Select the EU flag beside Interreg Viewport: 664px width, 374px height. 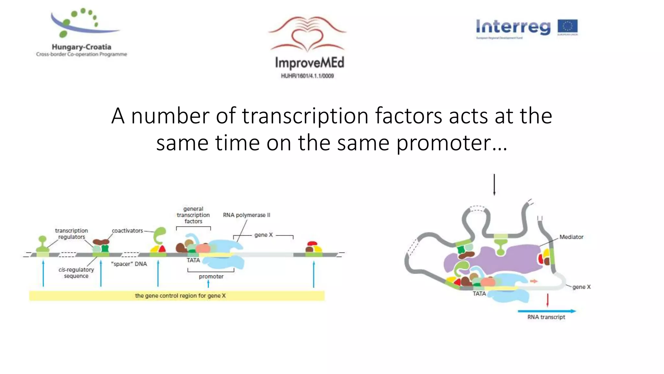(567, 27)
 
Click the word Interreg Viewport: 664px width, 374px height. (513, 27)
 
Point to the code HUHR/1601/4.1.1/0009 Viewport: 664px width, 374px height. (307, 76)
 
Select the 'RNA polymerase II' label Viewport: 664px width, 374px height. (246, 215)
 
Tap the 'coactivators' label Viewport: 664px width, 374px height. (127, 231)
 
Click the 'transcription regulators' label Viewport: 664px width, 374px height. (71, 234)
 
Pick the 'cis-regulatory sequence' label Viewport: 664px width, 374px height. (76, 273)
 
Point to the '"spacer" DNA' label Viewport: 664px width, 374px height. (129, 264)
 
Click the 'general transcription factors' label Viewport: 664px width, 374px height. (193, 215)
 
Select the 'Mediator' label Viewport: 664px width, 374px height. (571, 237)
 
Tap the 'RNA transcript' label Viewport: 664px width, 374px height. (546, 317)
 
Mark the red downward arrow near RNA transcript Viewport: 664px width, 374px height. (548, 300)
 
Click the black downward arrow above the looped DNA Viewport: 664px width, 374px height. (494, 184)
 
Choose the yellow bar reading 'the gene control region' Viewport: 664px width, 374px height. (177, 296)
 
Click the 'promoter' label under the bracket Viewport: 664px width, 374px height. (211, 277)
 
